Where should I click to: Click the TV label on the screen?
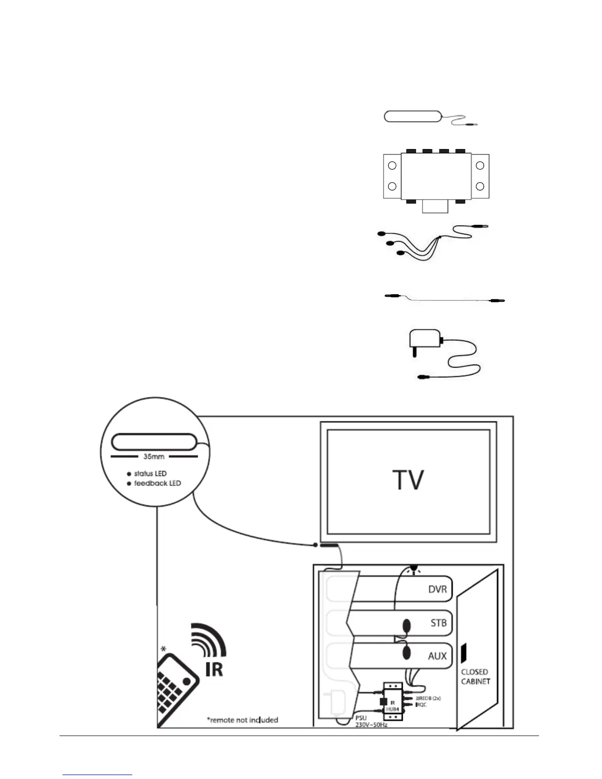[x=408, y=480]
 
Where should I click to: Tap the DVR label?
[x=437, y=589]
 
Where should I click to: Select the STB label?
[x=438, y=623]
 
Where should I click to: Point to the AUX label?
[x=437, y=656]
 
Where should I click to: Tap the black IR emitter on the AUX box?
[x=407, y=653]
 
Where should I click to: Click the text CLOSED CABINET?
[x=475, y=676]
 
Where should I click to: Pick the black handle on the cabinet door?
[x=463, y=653]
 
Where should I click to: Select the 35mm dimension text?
[x=153, y=456]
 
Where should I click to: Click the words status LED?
[x=150, y=474]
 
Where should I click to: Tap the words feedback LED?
[x=157, y=483]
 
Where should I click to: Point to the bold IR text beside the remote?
[x=214, y=669]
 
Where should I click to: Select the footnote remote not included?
[x=242, y=720]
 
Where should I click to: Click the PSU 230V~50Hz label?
[x=371, y=721]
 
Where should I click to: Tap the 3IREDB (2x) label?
[x=427, y=698]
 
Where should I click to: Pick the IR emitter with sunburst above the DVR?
[x=414, y=569]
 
